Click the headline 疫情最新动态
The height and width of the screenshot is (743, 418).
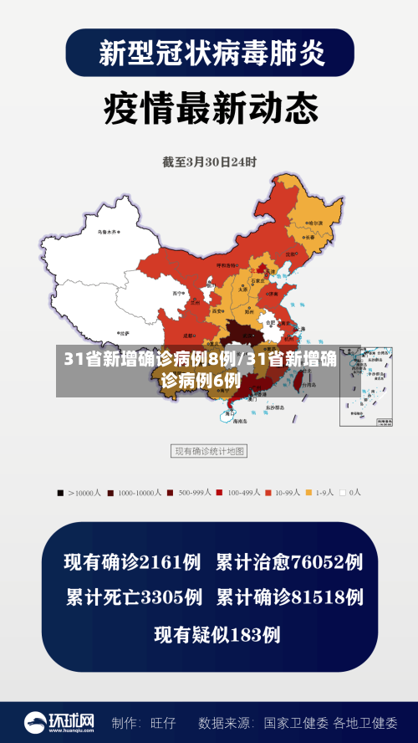[x=210, y=108]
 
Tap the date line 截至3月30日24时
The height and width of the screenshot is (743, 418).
[x=210, y=161]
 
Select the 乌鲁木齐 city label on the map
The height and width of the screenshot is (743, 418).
[x=109, y=232]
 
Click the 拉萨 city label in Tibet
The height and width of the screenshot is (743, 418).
[x=123, y=332]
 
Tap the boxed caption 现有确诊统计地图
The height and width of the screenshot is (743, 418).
[x=209, y=451]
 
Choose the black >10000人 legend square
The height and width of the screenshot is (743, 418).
[x=60, y=493]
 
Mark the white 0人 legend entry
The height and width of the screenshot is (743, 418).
[x=351, y=493]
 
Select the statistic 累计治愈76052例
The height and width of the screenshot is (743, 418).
[x=289, y=562]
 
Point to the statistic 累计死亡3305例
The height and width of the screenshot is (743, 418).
[x=134, y=597]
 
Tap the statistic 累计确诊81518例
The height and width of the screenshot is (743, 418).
[x=289, y=597]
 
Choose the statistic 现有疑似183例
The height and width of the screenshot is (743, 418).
[x=217, y=634]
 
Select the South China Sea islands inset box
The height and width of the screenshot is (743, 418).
[x=365, y=386]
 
